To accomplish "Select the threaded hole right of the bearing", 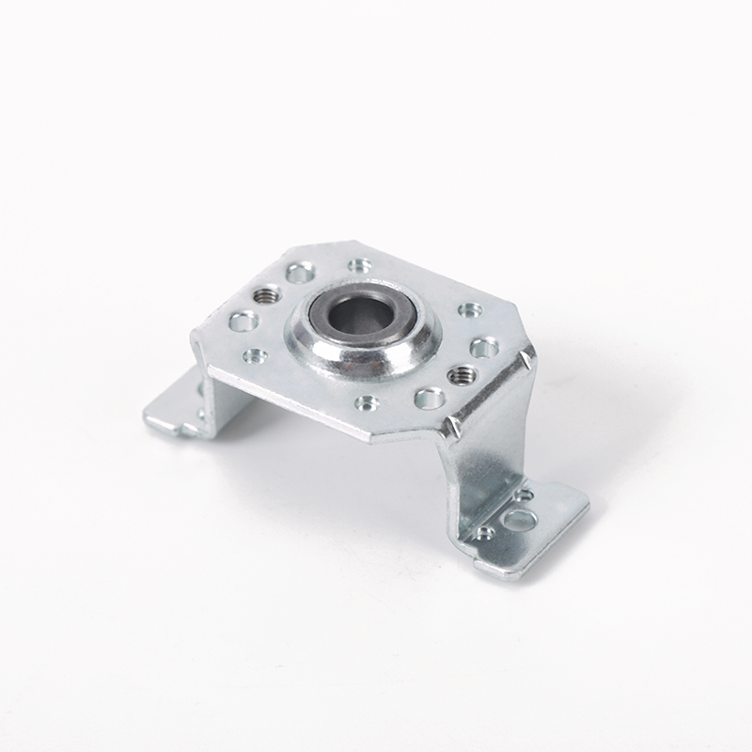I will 459,375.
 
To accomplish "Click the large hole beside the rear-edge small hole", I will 300,274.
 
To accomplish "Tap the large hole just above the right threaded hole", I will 484,347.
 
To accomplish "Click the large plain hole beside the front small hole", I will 429,398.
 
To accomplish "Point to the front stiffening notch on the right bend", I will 455,426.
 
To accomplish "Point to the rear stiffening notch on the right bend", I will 526,358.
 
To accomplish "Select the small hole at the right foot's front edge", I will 485,533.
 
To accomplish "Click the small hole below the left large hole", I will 254,355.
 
